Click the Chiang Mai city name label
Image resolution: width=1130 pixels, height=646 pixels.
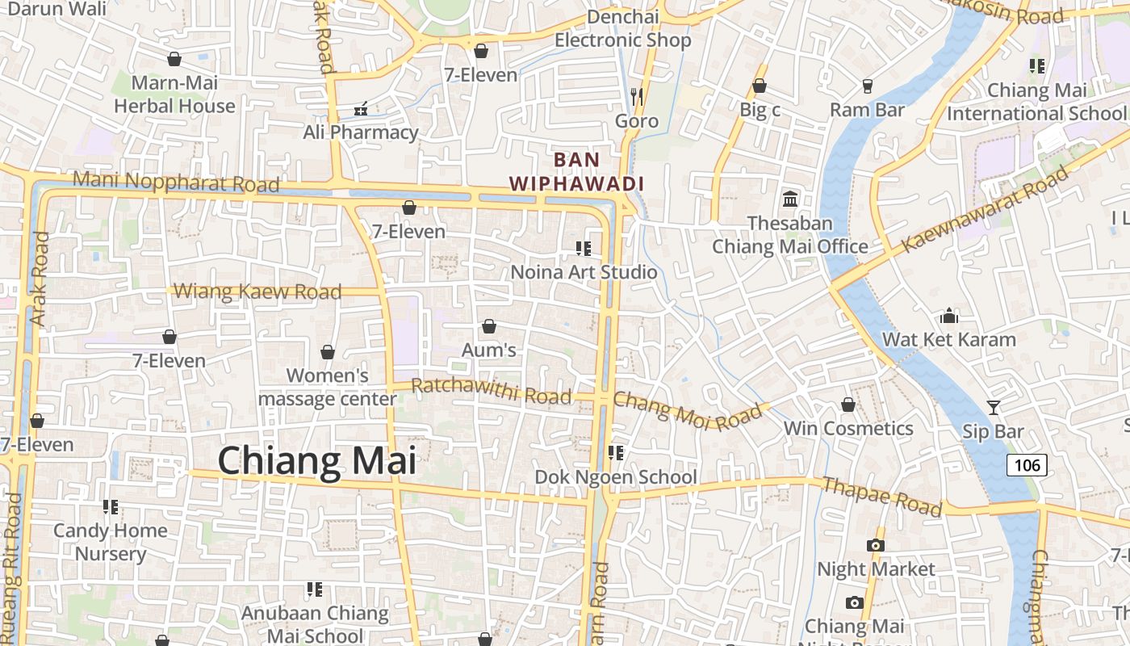tap(317, 461)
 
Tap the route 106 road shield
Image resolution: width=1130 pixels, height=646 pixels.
tap(1027, 465)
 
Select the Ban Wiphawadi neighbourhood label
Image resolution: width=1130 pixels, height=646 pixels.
tap(576, 171)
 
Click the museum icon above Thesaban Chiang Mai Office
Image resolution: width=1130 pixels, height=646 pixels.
tap(790, 199)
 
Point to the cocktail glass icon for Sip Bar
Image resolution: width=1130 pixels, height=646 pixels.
tap(993, 408)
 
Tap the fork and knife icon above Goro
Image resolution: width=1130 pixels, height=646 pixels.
tap(637, 97)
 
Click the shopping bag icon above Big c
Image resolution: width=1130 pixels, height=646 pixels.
tap(760, 86)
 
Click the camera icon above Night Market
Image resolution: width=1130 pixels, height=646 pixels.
tap(876, 545)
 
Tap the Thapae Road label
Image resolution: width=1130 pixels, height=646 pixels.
tap(881, 496)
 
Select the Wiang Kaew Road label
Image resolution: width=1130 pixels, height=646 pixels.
tap(257, 291)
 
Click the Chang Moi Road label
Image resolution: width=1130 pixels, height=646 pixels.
tap(686, 410)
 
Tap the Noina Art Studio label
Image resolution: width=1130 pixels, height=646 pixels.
tap(584, 272)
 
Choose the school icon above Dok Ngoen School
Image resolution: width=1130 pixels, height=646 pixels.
tap(616, 453)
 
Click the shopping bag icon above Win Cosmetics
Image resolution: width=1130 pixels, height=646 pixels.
tap(848, 405)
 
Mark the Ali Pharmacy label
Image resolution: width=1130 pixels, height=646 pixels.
tap(361, 132)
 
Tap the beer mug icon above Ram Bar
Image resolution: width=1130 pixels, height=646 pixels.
tap(868, 86)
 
